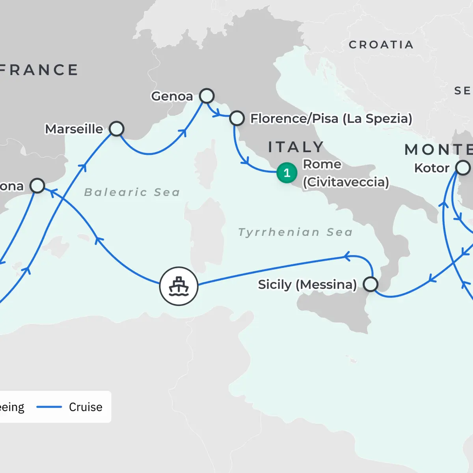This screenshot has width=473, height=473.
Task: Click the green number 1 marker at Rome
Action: [x=287, y=173]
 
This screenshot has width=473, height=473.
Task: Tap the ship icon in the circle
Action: [x=179, y=286]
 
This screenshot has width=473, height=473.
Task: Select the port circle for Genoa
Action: [x=207, y=96]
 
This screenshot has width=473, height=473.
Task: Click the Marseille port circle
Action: [x=117, y=128]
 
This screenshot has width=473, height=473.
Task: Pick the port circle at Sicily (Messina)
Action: [x=370, y=284]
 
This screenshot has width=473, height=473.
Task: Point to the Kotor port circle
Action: [x=463, y=168]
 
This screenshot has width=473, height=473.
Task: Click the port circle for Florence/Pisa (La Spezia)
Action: [x=237, y=118]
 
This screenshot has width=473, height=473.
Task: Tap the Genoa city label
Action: [x=172, y=96]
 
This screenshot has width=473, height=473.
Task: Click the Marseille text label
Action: [x=74, y=129]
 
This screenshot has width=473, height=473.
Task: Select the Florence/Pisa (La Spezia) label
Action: [x=331, y=119]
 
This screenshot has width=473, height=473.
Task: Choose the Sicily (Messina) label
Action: [x=307, y=285]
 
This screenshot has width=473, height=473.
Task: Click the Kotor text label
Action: [x=432, y=168]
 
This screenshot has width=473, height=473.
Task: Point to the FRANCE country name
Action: [x=39, y=70]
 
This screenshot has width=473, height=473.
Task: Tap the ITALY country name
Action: [x=296, y=147]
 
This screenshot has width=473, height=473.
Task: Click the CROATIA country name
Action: [x=381, y=45]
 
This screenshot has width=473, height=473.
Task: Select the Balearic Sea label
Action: [x=132, y=192]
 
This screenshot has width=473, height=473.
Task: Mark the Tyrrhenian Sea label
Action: [x=295, y=232]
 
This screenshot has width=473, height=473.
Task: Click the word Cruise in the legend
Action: [x=86, y=407]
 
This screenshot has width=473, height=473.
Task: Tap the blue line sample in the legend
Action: [x=49, y=407]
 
